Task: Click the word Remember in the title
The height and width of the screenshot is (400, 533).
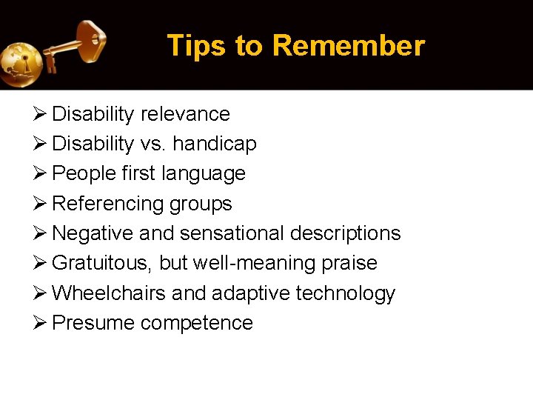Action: point(348,46)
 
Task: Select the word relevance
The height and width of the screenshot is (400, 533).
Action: point(185,114)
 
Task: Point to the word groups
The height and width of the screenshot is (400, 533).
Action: point(201,204)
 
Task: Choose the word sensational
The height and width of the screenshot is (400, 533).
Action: point(232,233)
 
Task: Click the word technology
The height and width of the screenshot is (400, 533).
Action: point(346,294)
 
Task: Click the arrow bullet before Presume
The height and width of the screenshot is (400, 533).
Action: point(41,323)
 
